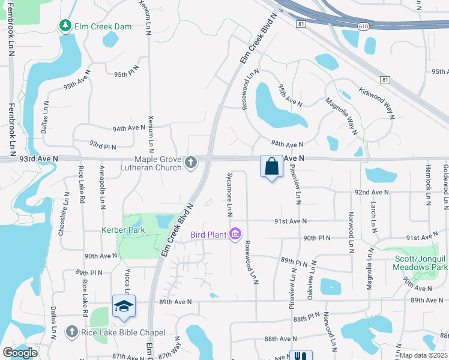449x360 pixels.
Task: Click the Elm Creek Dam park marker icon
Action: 65,26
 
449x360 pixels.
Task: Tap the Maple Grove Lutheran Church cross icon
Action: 191,163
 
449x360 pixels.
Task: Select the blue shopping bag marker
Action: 271,166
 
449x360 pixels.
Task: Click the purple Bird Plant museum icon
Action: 235,234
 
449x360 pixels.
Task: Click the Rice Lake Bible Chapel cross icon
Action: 71,332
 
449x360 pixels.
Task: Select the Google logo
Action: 20,353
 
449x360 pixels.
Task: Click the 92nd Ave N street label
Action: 372,193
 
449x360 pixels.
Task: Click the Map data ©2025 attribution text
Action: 423,355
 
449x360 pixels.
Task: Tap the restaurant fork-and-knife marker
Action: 301,356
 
